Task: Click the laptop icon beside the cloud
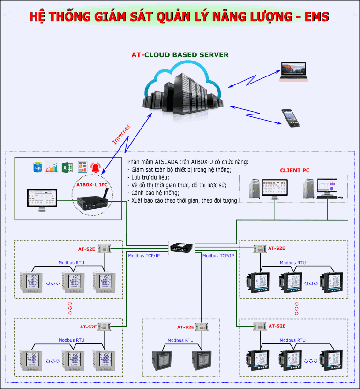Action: click(294, 71)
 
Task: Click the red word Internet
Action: click(121, 134)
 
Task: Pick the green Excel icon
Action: click(67, 167)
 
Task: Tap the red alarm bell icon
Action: click(96, 167)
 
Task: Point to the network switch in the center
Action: click(181, 248)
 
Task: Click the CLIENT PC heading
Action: click(295, 170)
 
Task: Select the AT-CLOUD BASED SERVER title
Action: click(180, 55)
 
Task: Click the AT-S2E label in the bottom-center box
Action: click(186, 327)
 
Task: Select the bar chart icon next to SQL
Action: click(52, 167)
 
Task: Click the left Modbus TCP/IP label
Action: click(144, 256)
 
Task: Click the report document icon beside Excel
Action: click(82, 167)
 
